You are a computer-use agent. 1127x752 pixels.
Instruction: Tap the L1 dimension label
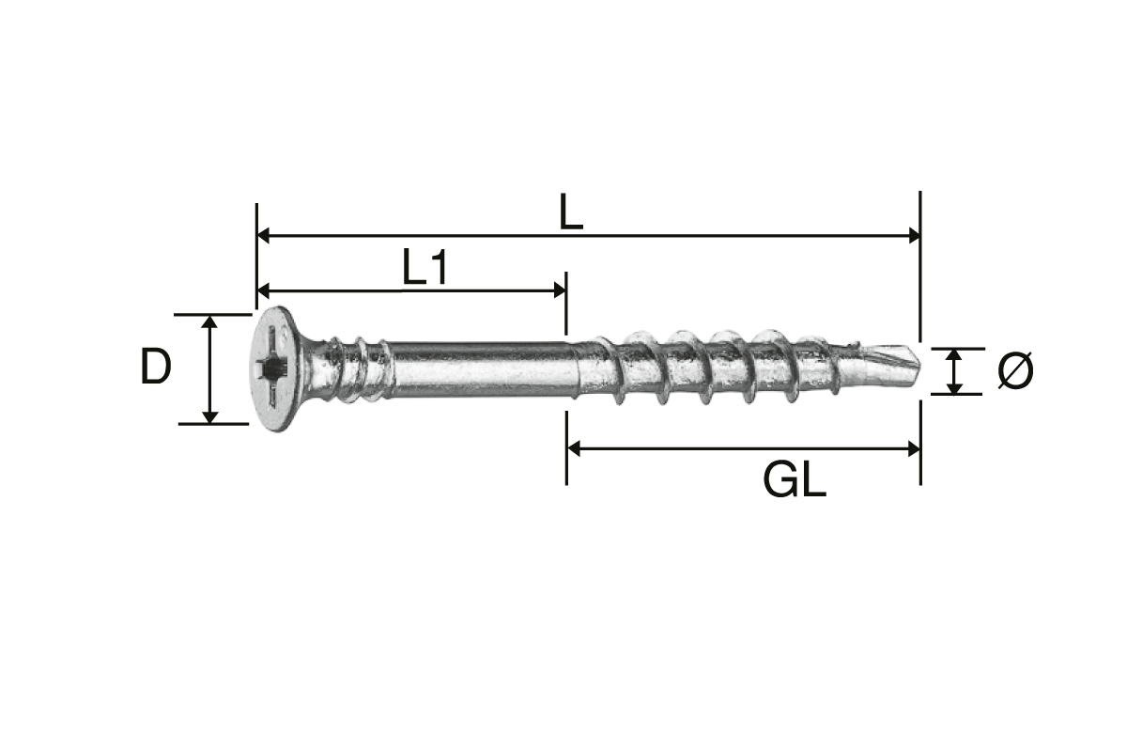click(x=425, y=266)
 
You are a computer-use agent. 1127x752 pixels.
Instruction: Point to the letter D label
click(x=156, y=367)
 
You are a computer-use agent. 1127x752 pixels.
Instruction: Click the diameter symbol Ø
click(x=1015, y=370)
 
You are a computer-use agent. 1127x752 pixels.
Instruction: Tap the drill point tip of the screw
click(x=919, y=364)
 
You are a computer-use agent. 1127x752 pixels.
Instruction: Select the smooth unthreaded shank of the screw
click(x=483, y=370)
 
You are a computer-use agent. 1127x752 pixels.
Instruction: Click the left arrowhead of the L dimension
click(x=263, y=235)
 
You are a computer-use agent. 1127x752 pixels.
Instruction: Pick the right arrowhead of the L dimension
click(x=914, y=235)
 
